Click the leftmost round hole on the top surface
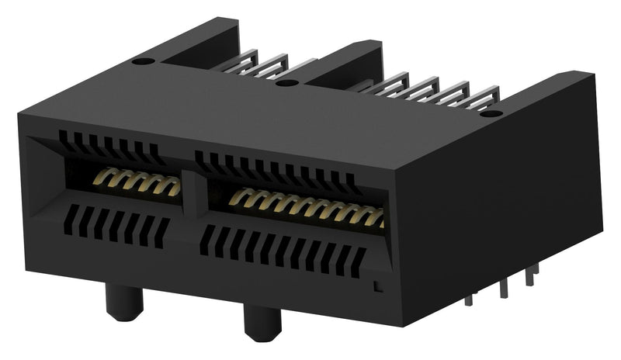tap(142, 61)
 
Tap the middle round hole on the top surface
tap(287, 82)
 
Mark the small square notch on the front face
tap(377, 286)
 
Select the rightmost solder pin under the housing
tap(533, 275)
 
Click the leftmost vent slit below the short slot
tap(69, 216)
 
